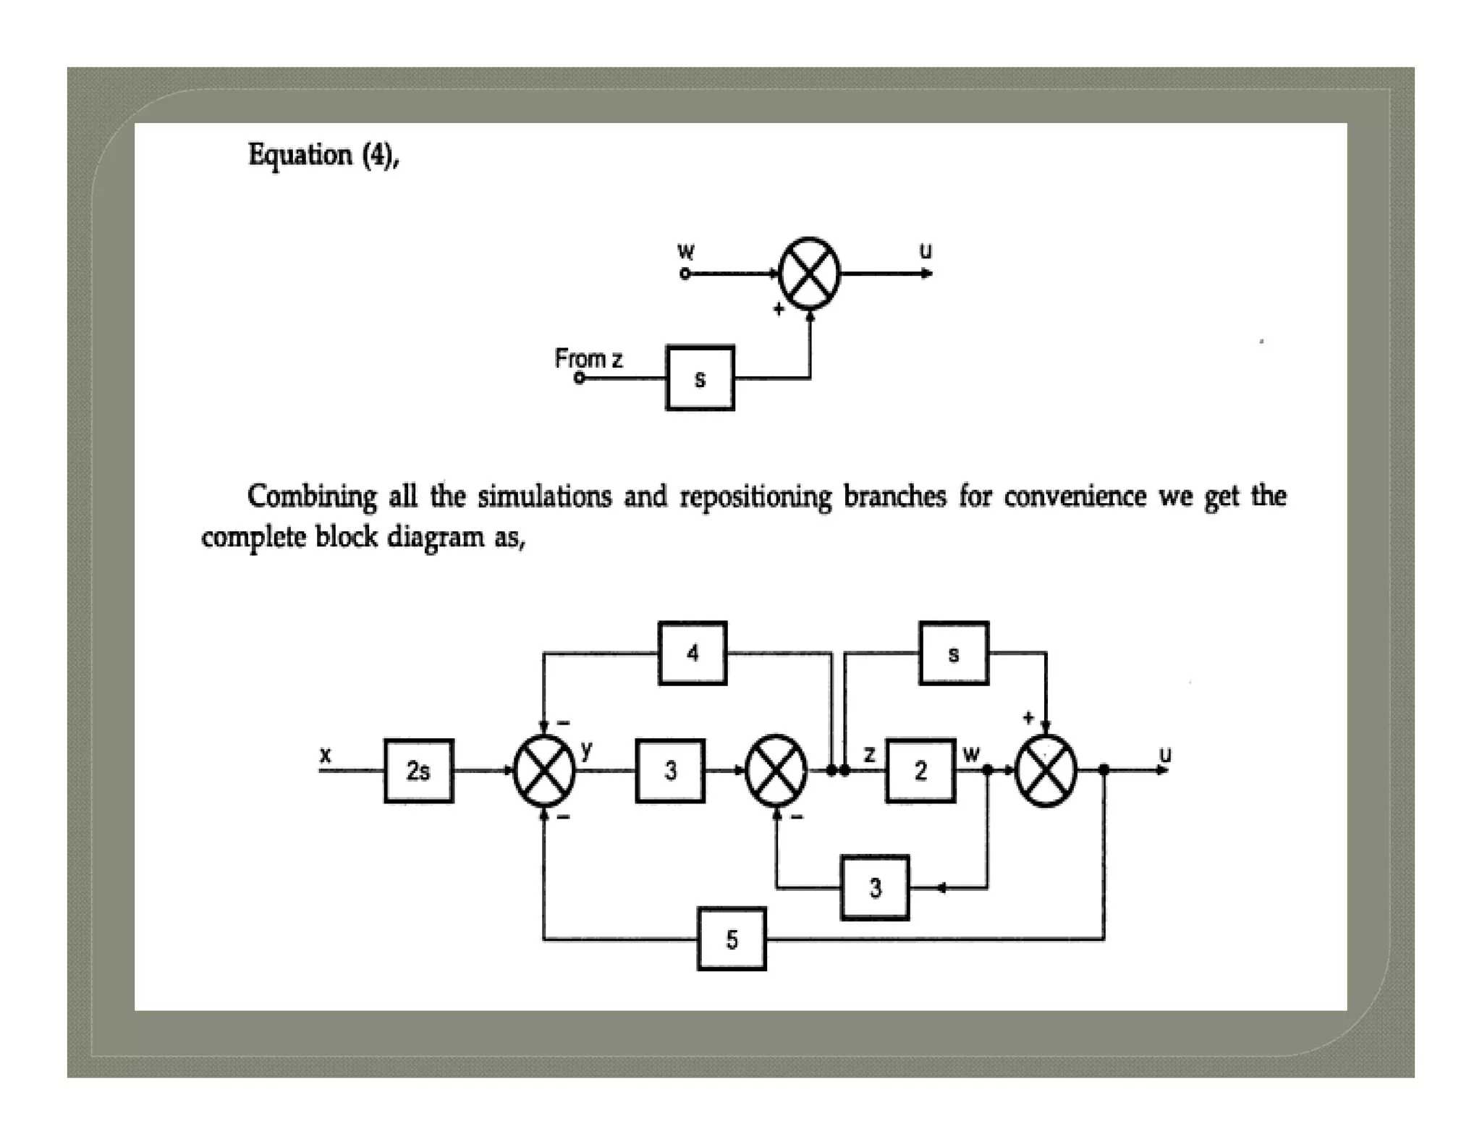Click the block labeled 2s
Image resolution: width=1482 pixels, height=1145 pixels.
(418, 771)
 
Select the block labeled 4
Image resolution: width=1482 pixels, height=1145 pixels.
(693, 653)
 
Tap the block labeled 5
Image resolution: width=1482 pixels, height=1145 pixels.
(732, 939)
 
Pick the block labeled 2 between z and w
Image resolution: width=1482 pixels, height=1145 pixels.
(920, 771)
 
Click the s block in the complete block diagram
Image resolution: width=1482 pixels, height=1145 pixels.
(953, 653)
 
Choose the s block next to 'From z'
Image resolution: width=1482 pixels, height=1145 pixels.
(700, 378)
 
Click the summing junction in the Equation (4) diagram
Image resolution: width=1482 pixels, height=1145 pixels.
(809, 274)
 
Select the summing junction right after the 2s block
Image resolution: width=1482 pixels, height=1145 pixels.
(544, 771)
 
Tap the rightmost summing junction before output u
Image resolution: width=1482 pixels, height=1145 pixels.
(1046, 771)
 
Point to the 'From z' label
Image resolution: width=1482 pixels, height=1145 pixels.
(588, 358)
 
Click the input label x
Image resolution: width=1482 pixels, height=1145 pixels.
(326, 755)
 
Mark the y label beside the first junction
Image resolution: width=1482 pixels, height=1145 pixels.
(586, 749)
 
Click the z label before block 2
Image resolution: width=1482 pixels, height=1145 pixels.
(870, 754)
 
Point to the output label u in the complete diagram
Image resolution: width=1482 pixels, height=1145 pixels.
(1165, 754)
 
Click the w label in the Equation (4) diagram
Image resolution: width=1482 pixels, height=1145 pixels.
(685, 251)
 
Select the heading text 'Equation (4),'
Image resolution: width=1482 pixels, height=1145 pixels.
(323, 155)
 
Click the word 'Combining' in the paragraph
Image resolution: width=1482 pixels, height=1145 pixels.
(311, 497)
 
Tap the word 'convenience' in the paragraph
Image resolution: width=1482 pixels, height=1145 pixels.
(1075, 497)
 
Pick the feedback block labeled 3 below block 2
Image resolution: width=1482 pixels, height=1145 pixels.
(875, 887)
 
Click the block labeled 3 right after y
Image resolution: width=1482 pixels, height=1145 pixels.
(670, 771)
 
